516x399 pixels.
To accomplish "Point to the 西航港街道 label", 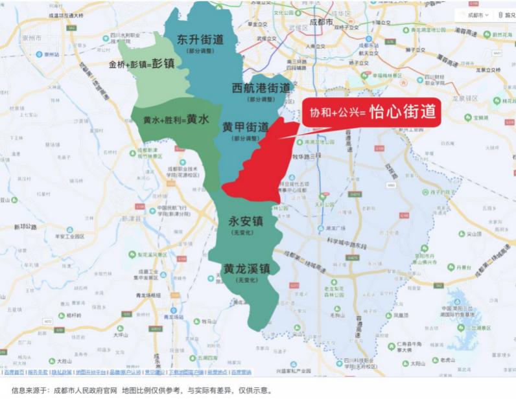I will pos(261,88).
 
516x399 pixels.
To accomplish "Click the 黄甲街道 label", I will pos(245,127).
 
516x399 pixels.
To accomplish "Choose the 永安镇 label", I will pos(245,222).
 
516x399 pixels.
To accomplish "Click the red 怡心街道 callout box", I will pos(371,113).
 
